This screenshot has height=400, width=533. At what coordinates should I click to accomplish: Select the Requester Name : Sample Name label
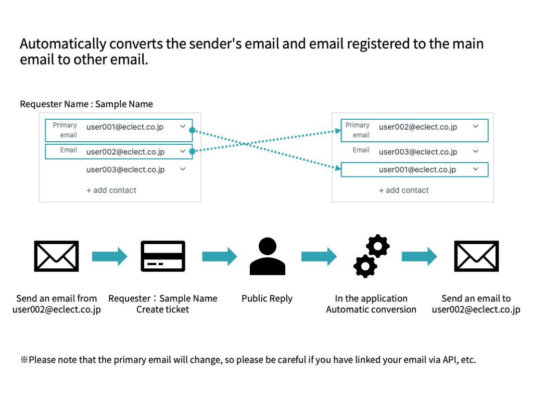point(86,104)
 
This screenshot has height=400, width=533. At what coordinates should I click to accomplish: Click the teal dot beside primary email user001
point(192,130)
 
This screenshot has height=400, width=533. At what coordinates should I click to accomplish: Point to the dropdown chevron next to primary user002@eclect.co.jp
point(476,127)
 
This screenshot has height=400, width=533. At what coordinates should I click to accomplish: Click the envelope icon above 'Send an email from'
point(56,256)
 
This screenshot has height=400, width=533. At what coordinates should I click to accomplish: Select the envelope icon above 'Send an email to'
point(476,256)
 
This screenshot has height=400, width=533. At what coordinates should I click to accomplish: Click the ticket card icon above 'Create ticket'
point(163,256)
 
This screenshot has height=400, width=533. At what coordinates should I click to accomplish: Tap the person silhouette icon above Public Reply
point(267,256)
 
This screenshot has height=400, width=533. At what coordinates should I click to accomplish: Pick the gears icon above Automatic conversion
point(371,256)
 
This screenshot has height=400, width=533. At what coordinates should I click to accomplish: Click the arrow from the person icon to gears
point(319,256)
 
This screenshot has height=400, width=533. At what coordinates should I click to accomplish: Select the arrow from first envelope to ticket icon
point(109,256)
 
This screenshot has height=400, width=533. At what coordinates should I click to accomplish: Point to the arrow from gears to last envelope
point(420,256)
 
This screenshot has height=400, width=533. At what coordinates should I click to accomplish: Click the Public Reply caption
point(267,298)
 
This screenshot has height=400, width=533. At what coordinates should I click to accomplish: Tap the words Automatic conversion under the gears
point(371,309)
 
